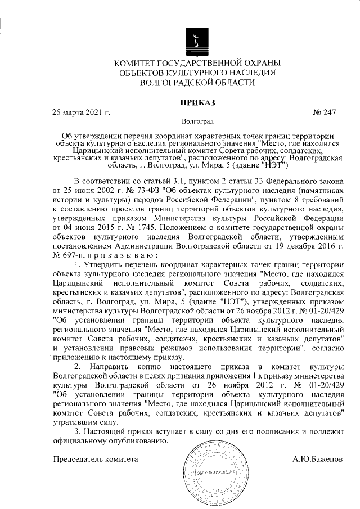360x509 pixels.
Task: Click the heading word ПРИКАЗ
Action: pyautogui.click(x=197, y=102)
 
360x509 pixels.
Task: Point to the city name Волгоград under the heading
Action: pyautogui.click(x=197, y=121)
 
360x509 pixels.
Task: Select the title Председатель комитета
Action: pyautogui.click(x=95, y=459)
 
